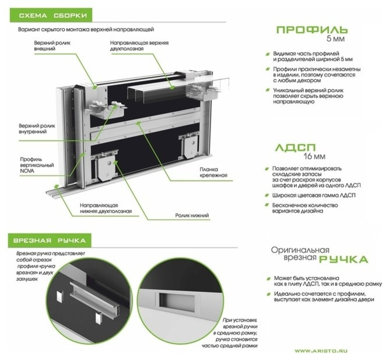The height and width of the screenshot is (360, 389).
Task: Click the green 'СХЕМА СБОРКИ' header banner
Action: coord(51,15)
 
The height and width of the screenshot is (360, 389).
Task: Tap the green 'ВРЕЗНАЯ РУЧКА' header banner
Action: coord(50,241)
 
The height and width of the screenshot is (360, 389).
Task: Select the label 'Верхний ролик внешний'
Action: coord(52,45)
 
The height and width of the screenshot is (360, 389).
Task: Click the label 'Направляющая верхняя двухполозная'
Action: coord(139,45)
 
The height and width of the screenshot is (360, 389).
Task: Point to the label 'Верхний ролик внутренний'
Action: coord(37,129)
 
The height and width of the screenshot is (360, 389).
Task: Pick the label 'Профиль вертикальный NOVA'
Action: coord(37,165)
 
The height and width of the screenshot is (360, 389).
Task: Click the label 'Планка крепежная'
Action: coord(213,172)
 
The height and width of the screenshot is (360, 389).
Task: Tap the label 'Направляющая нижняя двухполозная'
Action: coord(106,209)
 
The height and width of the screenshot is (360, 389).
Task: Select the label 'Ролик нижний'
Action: coord(192,216)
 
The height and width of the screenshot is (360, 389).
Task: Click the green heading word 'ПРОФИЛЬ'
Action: coord(312,30)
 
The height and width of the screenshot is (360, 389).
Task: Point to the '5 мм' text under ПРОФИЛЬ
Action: coord(336,39)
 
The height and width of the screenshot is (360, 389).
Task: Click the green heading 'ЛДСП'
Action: coord(295,147)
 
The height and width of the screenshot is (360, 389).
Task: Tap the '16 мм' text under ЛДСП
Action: coord(314,157)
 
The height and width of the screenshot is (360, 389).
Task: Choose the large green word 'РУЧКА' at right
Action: coord(344,259)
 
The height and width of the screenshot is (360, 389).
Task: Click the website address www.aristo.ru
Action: coord(321,351)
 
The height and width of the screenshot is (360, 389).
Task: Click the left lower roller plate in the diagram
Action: coord(107,167)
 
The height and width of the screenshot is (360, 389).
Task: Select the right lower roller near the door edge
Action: coord(191,146)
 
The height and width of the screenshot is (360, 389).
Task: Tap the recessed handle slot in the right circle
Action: coord(176,299)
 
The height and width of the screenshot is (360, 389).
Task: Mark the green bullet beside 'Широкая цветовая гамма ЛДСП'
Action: coord(267,196)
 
